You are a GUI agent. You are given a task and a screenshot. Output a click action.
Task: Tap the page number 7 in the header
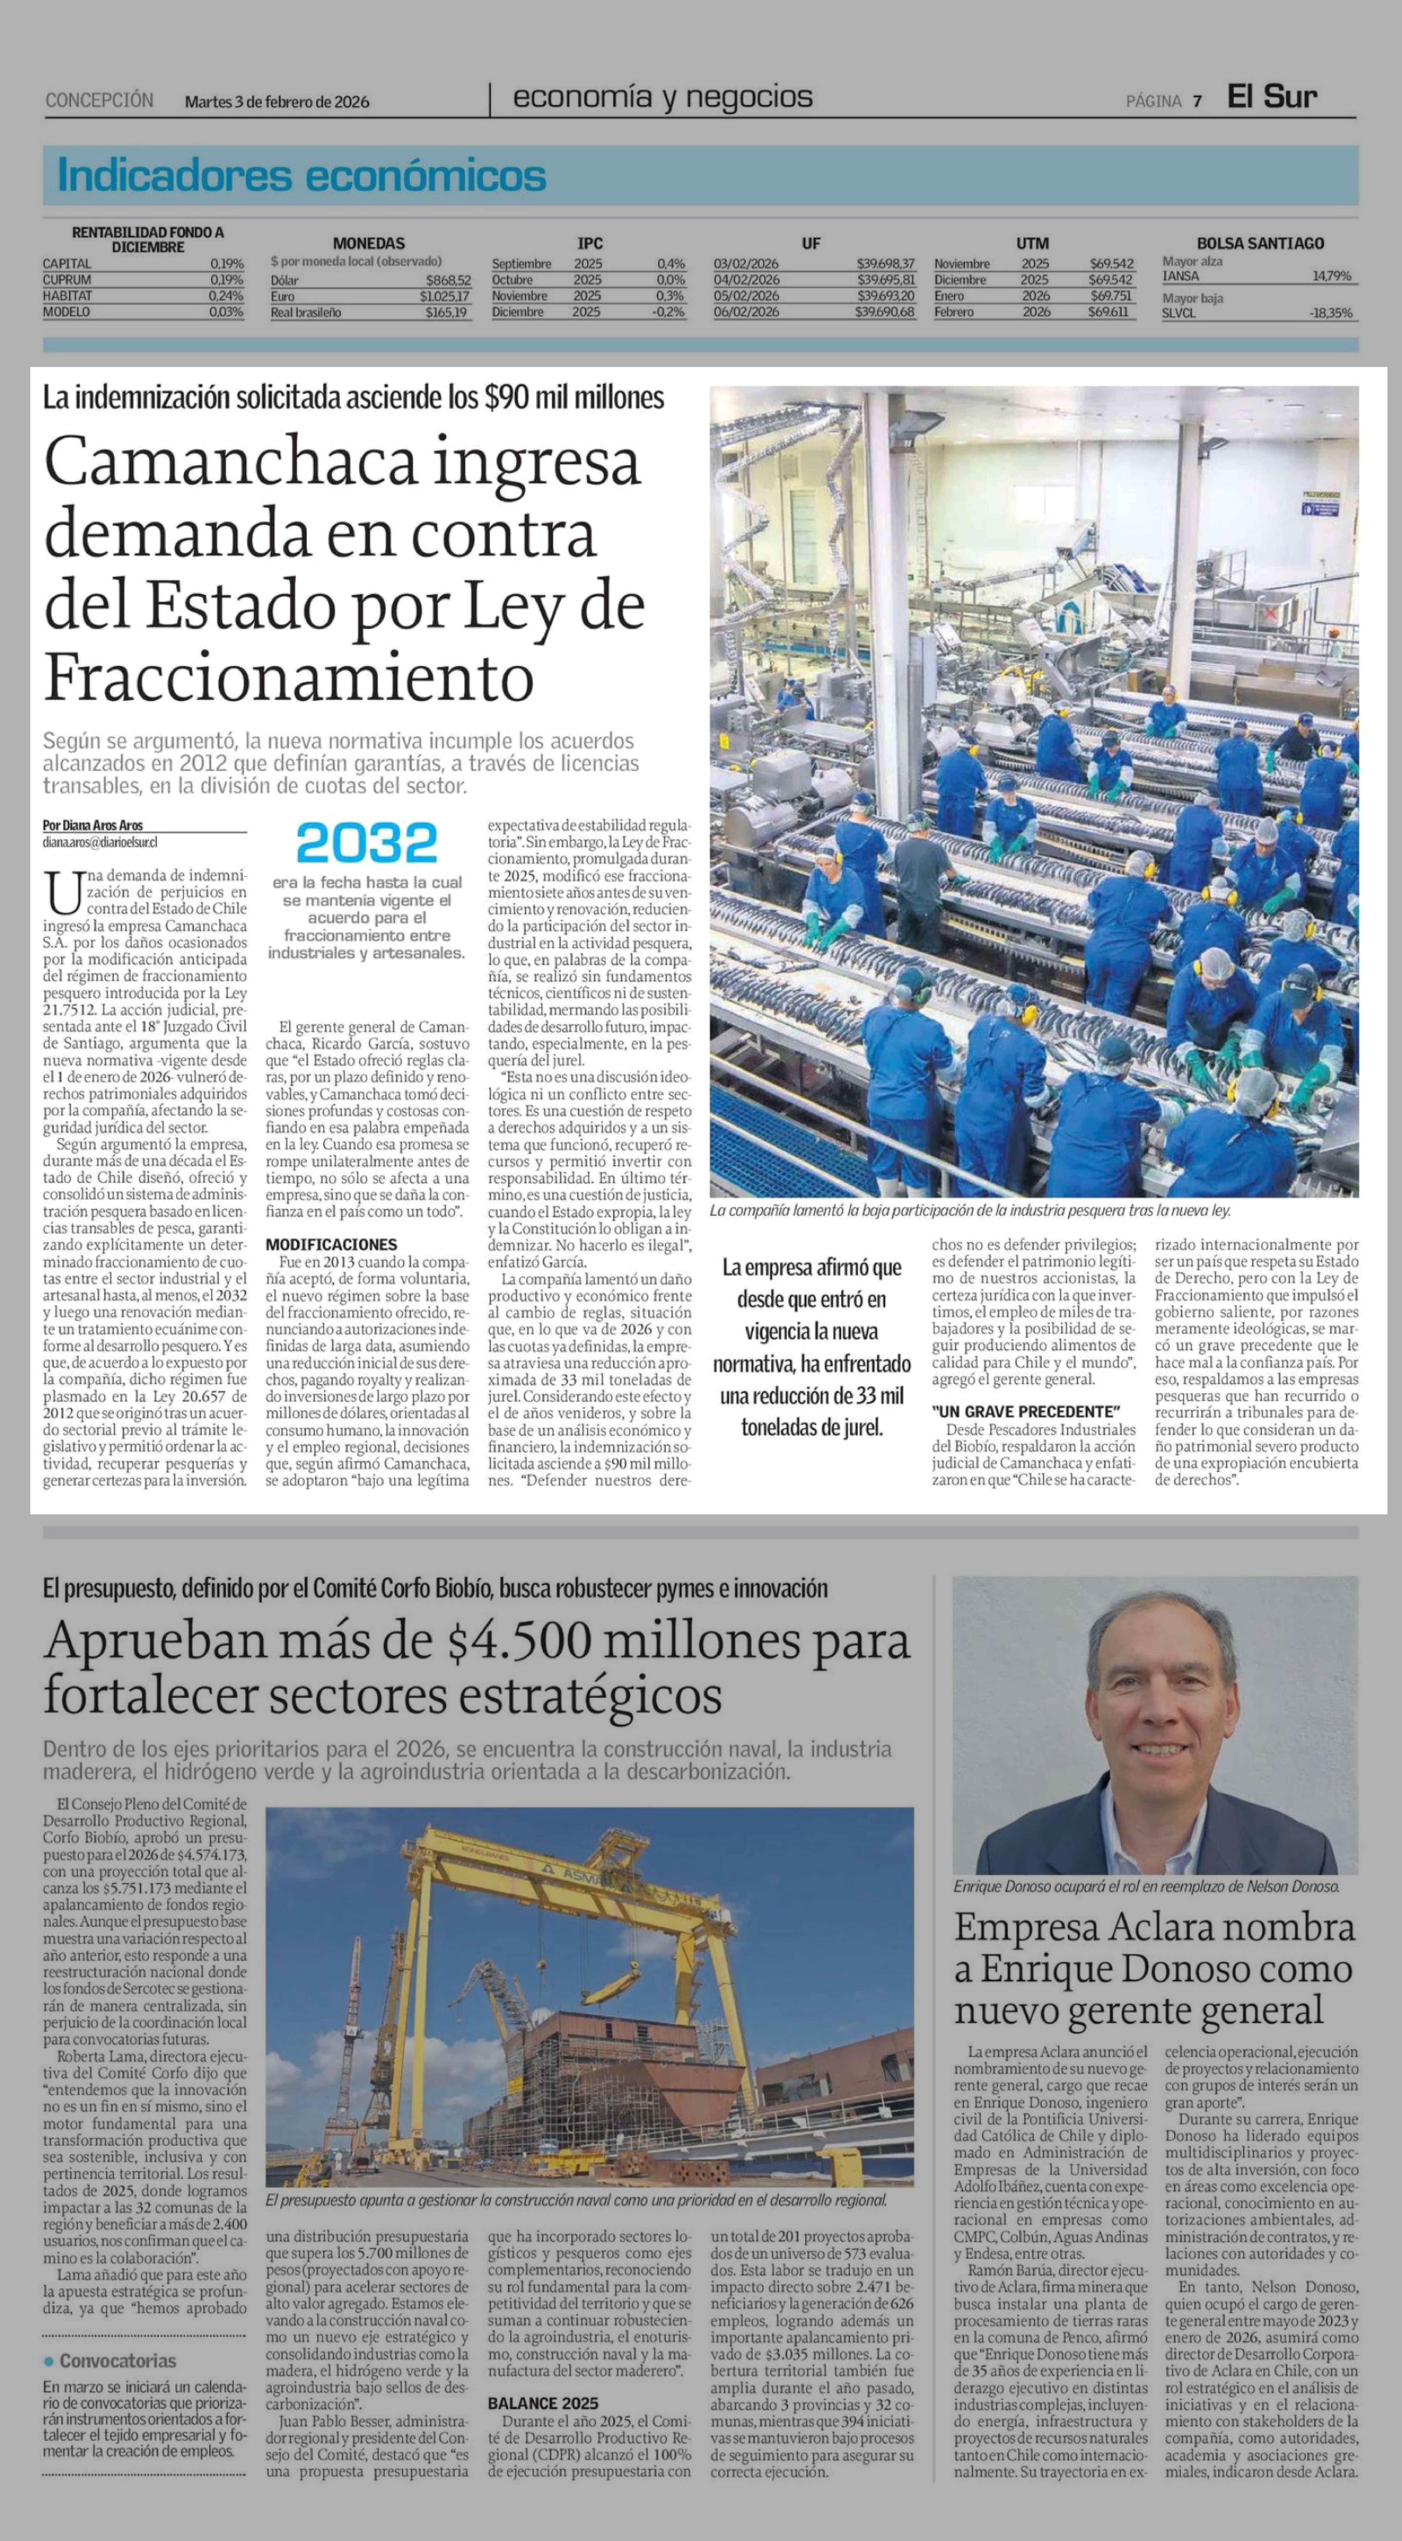click(1197, 101)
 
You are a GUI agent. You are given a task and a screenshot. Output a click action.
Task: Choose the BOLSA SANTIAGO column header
click(1260, 243)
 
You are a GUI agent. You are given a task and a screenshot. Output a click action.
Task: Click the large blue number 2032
click(367, 843)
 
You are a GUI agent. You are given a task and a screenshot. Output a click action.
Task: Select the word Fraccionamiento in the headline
click(289, 678)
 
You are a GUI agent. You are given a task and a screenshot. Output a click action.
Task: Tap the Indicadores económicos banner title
click(302, 176)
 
